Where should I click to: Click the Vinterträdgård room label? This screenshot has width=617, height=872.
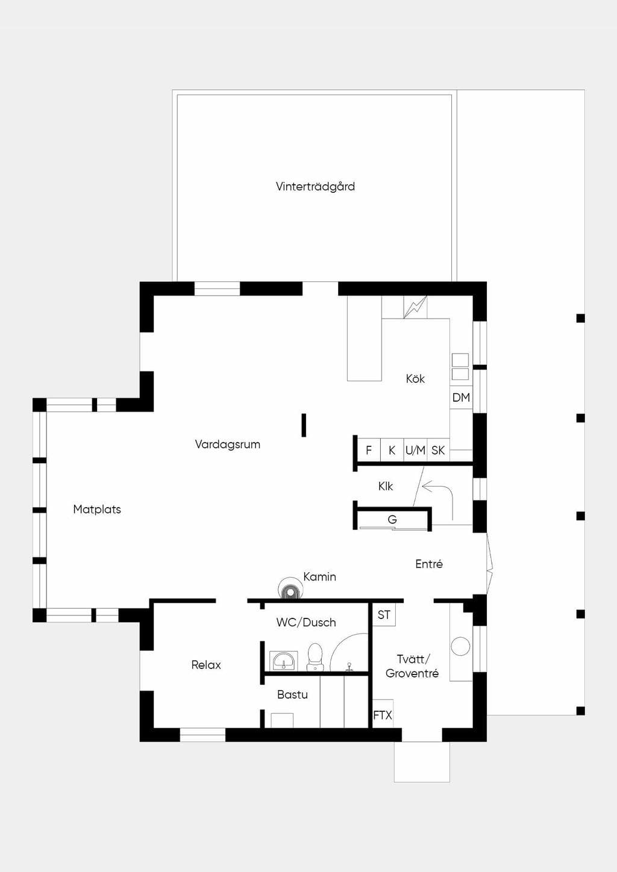(x=315, y=187)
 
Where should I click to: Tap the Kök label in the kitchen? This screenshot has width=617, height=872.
(x=415, y=379)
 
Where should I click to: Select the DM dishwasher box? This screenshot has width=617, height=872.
(x=461, y=397)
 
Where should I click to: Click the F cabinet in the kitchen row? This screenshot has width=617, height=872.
(x=369, y=450)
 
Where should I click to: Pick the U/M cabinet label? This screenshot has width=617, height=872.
(x=415, y=450)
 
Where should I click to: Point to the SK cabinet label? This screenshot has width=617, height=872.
(x=438, y=450)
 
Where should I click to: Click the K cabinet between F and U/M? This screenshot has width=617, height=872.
(x=392, y=450)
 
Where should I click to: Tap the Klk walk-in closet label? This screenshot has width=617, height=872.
(x=386, y=486)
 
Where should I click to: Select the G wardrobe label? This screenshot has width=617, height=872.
(x=392, y=519)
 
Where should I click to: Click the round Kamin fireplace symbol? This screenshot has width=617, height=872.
(x=290, y=588)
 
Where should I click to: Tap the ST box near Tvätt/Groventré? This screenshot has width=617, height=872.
(x=384, y=615)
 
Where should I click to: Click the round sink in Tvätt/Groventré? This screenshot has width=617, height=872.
(x=460, y=646)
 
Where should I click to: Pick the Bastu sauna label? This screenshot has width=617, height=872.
(x=292, y=694)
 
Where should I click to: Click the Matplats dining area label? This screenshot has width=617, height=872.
(x=97, y=509)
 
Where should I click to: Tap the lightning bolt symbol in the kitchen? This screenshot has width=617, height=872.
(x=415, y=307)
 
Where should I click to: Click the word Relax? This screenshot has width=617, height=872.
(x=206, y=664)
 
